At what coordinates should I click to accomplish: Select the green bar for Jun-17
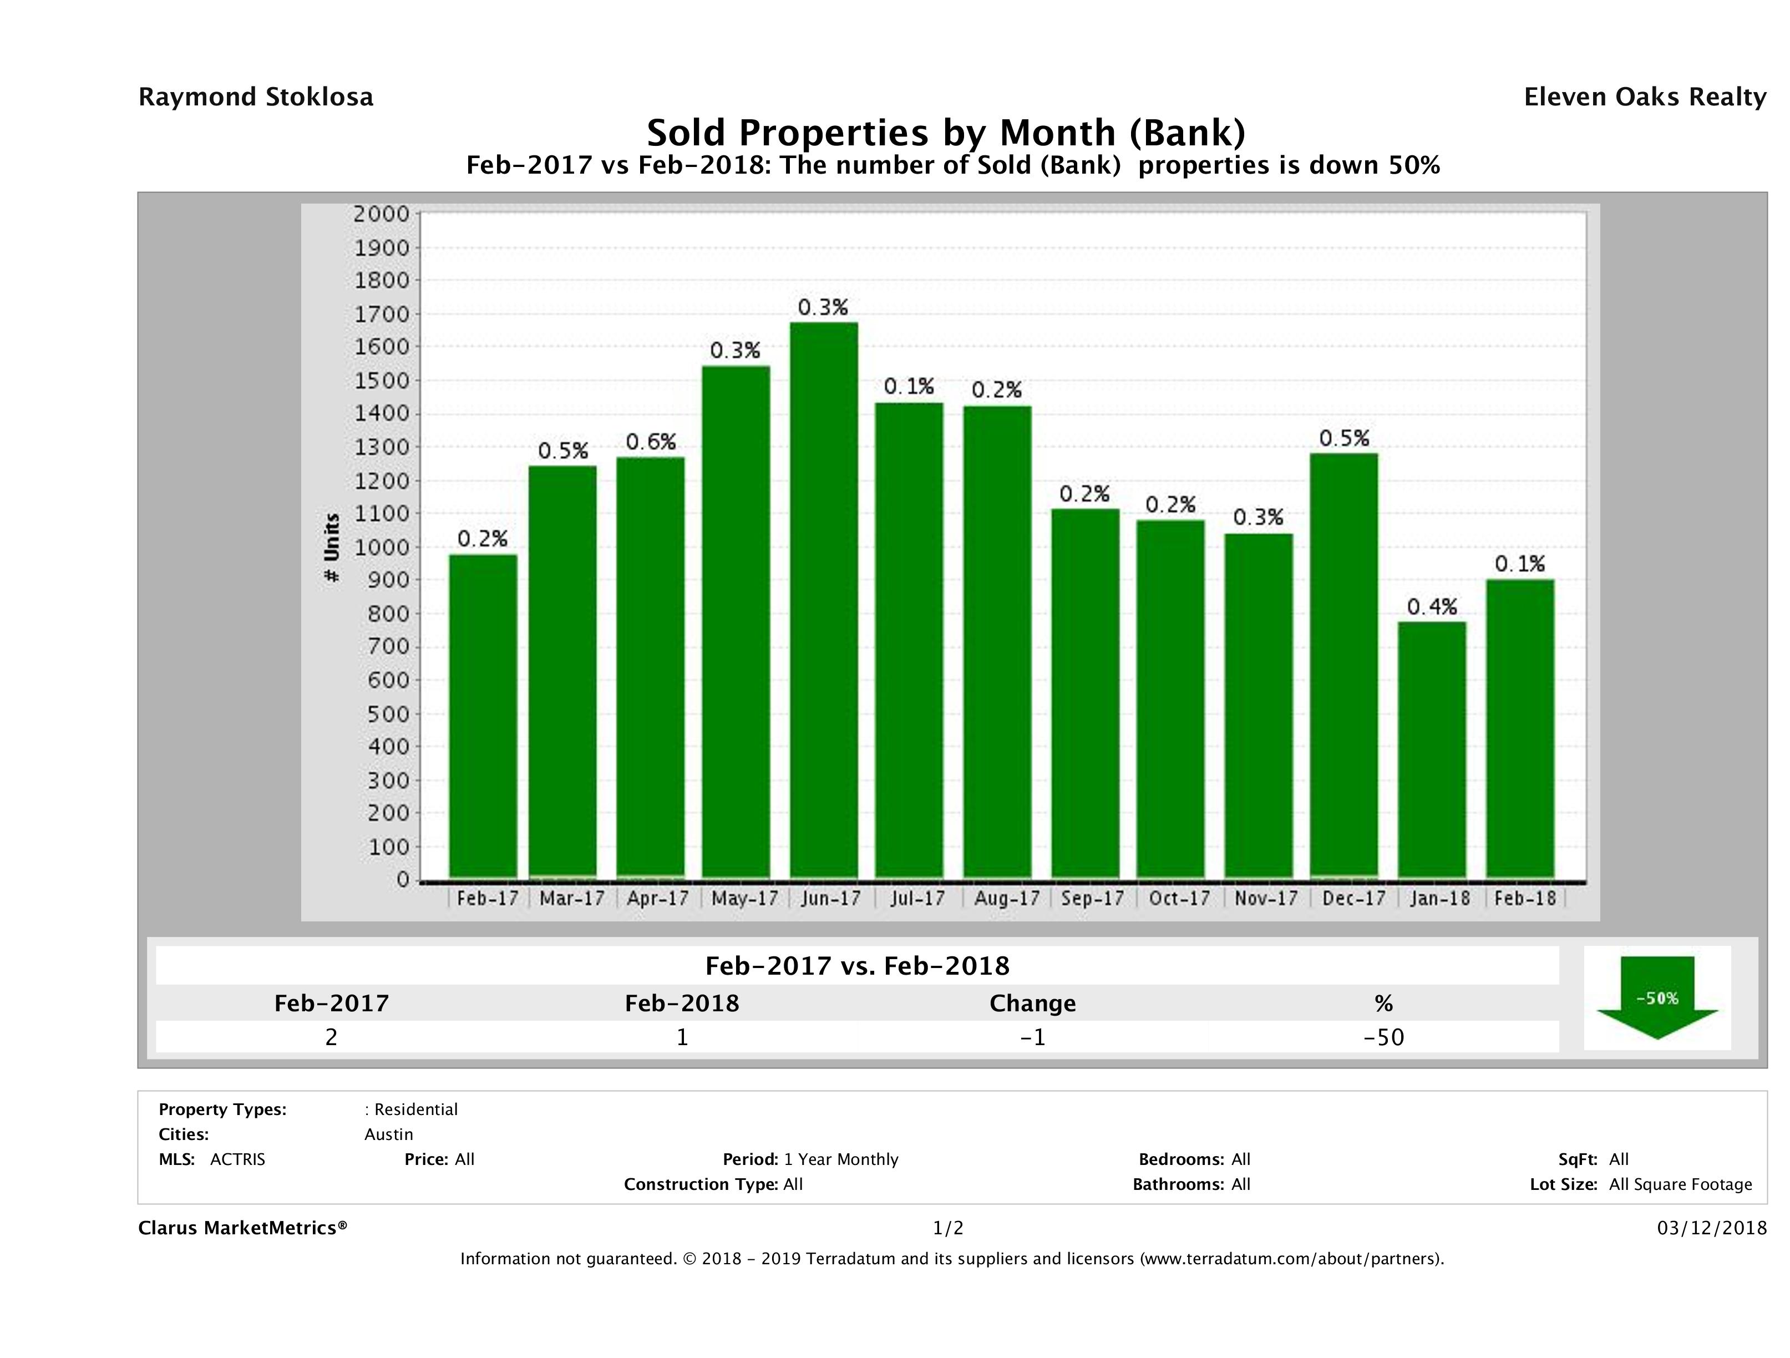(824, 600)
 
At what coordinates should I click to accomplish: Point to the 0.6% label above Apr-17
(651, 442)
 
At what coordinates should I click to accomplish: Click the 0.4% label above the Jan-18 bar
(1432, 606)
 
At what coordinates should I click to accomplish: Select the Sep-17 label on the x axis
(1092, 898)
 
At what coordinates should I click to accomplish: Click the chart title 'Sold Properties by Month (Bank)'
(945, 132)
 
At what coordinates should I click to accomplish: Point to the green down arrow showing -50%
(1656, 999)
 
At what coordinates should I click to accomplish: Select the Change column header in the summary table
(1033, 1004)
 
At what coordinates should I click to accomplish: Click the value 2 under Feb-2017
(331, 1037)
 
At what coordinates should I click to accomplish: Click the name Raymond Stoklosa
(256, 97)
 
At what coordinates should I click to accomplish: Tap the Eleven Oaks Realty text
(1644, 97)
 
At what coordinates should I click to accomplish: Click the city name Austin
(388, 1134)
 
